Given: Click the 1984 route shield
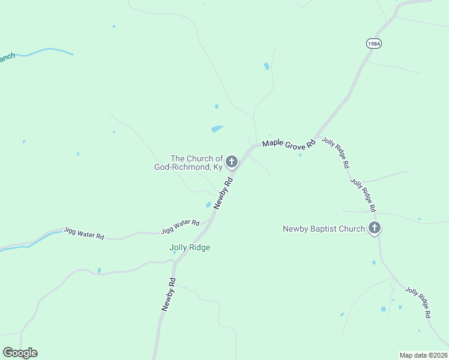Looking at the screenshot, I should point(373,44).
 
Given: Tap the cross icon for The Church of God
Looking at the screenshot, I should point(231,161).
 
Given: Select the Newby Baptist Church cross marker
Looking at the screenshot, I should point(375,228).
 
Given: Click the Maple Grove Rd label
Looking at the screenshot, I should point(289,144).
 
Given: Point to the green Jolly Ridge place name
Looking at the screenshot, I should point(190,247).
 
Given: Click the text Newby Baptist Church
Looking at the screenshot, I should point(324,229).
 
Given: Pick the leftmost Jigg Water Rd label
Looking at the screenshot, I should point(83,233).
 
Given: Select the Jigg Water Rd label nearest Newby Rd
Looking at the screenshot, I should point(180,227).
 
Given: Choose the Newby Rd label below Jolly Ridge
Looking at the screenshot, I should point(169,294).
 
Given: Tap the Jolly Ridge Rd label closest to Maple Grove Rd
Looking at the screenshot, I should point(336,152).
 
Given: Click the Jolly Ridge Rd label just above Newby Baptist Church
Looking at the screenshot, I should point(363,195).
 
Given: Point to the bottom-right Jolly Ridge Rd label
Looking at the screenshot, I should point(418,302).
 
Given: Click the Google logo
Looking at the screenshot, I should point(20,353).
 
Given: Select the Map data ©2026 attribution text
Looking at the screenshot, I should point(424,355).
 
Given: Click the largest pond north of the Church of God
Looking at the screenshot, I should point(217,128).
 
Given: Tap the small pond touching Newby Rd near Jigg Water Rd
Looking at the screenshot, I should point(208,205).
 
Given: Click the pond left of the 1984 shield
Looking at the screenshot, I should point(266,66).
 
